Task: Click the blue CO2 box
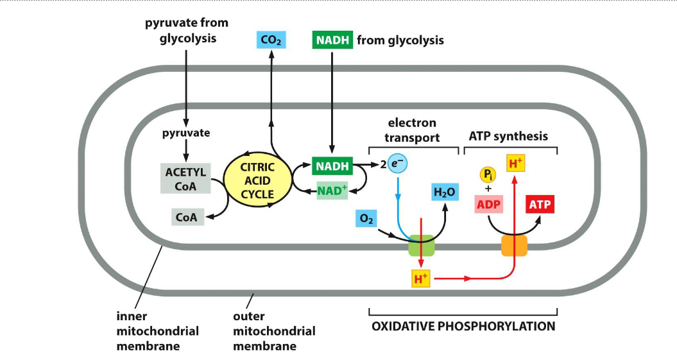pos(271,40)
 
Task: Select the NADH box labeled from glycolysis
pos(332,40)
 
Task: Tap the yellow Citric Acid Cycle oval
pos(257,180)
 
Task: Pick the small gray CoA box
pos(187,217)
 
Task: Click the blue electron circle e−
pos(398,165)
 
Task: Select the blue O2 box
pos(366,219)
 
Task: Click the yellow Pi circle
pos(488,174)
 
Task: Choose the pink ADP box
pos(488,205)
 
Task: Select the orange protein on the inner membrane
pos(514,246)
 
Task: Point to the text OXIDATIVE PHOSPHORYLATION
pos(463,327)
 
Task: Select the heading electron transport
pos(412,130)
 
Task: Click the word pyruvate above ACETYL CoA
pos(185,133)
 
